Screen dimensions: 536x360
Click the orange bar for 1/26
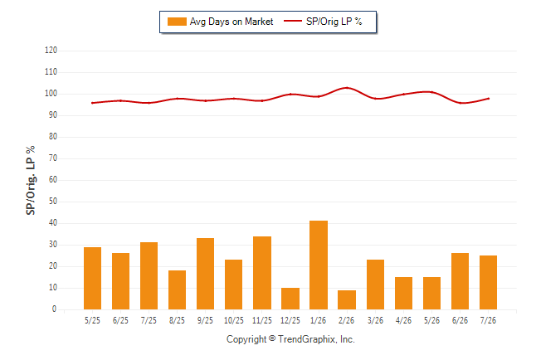click(319, 265)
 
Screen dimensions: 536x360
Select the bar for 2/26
click(347, 299)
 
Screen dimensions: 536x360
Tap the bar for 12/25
click(290, 299)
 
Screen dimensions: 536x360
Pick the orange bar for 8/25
click(177, 290)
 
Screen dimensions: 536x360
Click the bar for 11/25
click(262, 273)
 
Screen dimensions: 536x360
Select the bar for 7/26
click(488, 282)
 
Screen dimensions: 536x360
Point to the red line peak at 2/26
click(347, 88)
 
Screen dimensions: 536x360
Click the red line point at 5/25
click(92, 103)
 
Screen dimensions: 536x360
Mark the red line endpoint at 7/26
click(489, 99)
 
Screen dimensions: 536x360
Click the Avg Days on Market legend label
click(231, 22)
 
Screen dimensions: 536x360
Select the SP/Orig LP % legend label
click(334, 22)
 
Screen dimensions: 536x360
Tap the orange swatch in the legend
click(177, 22)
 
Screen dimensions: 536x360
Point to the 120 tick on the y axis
click(51, 51)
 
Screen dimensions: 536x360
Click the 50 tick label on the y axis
click(52, 201)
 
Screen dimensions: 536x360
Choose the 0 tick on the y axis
click(54, 309)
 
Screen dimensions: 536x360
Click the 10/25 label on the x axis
click(234, 320)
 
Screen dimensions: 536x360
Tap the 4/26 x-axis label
click(403, 320)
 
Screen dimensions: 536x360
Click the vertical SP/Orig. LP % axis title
click(31, 181)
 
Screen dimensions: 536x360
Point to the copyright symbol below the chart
click(272, 338)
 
